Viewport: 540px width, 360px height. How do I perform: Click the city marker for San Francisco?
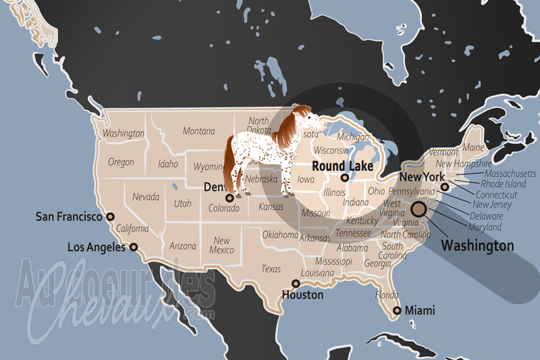[111, 217]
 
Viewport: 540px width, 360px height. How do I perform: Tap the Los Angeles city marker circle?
[134, 247]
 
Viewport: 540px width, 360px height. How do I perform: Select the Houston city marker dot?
[295, 284]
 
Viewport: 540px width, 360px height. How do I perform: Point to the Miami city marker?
[396, 310]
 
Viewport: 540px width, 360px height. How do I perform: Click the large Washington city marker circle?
[419, 209]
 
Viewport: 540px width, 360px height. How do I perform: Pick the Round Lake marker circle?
[345, 178]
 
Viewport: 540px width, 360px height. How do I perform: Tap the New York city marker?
[444, 187]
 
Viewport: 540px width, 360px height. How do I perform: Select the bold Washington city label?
[477, 246]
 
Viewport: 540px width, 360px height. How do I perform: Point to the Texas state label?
[271, 269]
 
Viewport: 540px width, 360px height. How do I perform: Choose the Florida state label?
[387, 295]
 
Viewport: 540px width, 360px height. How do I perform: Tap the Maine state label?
[473, 147]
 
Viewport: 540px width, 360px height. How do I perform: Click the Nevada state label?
[146, 197]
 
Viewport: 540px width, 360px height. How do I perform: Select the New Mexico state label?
[221, 245]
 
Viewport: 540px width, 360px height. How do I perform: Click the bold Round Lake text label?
[342, 166]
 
